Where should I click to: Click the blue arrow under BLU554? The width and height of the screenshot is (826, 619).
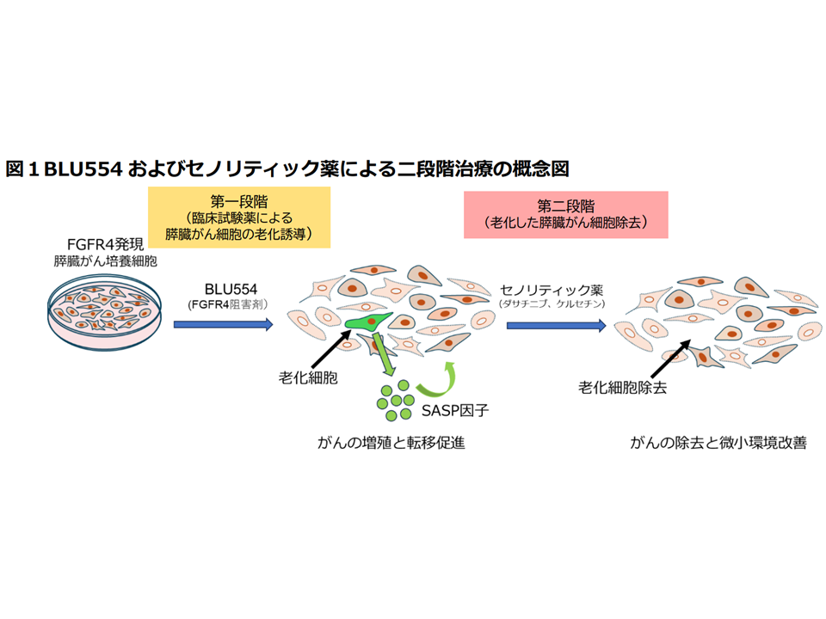(x=223, y=325)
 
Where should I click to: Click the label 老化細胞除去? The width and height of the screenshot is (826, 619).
(x=623, y=387)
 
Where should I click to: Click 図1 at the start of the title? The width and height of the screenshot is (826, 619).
(x=22, y=169)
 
